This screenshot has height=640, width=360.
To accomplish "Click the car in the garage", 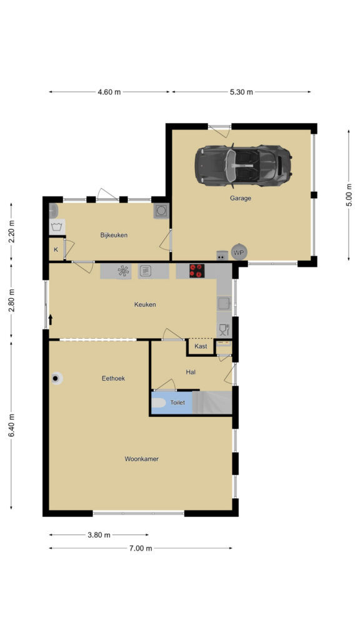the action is [x=243, y=166].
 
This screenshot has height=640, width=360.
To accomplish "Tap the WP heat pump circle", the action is [x=238, y=252].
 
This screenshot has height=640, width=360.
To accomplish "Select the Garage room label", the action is [x=240, y=198].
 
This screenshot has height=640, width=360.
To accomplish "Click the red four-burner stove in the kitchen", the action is [x=197, y=271].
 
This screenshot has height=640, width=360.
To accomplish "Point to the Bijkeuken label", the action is [x=114, y=235].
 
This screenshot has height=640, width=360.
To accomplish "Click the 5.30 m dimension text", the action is [x=241, y=92].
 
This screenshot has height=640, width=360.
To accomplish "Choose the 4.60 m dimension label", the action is [x=109, y=92].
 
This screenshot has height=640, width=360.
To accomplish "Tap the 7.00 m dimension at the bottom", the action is [x=141, y=549].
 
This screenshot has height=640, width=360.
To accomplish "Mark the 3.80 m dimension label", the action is [x=99, y=535].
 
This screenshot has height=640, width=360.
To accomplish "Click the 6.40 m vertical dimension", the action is [x=11, y=425].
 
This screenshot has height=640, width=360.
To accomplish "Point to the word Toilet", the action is [x=177, y=402].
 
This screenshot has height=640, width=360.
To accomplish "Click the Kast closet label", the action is [x=201, y=346].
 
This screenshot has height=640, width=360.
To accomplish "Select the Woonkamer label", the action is [x=141, y=459].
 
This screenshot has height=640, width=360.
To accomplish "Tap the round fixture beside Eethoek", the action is [x=56, y=378].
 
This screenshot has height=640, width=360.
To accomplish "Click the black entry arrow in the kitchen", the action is [x=51, y=319].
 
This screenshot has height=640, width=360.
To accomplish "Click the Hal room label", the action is [x=191, y=372].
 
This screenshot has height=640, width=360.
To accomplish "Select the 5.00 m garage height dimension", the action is [x=349, y=196].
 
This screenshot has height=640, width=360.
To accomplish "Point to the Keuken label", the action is [x=145, y=304].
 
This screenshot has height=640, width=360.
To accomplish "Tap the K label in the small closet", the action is [x=56, y=249].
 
